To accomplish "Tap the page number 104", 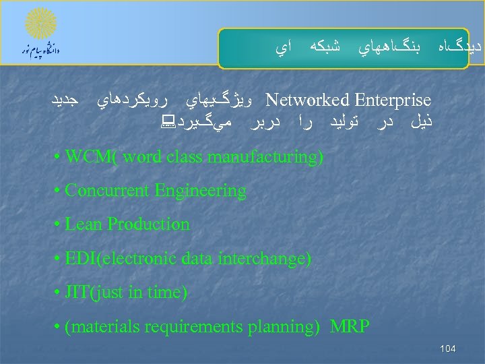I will pyautogui.click(x=447, y=348).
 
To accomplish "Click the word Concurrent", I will pyautogui.click(x=107, y=191).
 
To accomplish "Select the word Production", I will pyautogui.click(x=148, y=224).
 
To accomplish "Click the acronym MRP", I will pyautogui.click(x=350, y=327).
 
